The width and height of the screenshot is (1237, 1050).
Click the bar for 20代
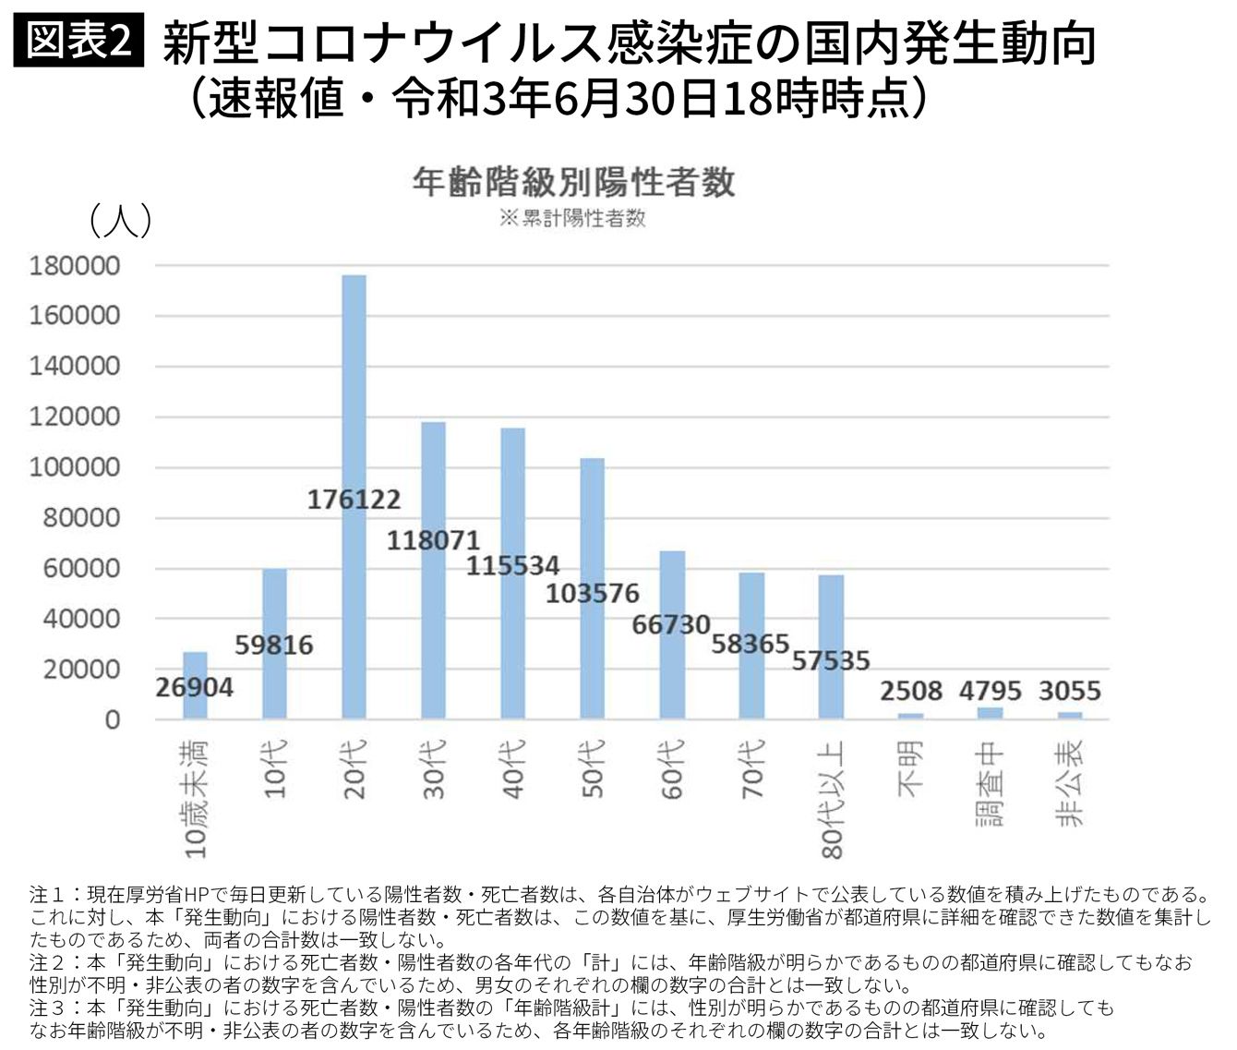pyautogui.click(x=354, y=388)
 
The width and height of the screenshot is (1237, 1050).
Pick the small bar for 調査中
pyautogui.click(x=990, y=713)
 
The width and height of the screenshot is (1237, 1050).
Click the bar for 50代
pyautogui.click(x=592, y=517)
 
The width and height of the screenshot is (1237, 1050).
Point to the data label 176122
pyautogui.click(x=354, y=500)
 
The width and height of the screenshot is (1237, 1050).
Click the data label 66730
pyautogui.click(x=671, y=625)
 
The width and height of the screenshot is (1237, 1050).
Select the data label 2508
pyautogui.click(x=910, y=691)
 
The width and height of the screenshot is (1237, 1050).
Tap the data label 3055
pyautogui.click(x=1069, y=691)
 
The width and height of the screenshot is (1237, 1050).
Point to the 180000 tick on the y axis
pyautogui.click(x=75, y=266)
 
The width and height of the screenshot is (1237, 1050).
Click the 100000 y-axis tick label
pyautogui.click(x=75, y=467)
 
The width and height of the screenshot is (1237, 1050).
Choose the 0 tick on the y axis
pyautogui.click(x=112, y=719)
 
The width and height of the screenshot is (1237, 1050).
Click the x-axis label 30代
pyautogui.click(x=434, y=768)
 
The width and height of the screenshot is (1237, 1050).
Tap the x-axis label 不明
pyautogui.click(x=910, y=768)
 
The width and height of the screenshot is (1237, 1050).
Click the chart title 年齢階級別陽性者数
pyautogui.click(x=573, y=182)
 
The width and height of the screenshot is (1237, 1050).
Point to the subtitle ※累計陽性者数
pyautogui.click(x=572, y=219)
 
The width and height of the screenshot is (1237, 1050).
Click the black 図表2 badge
pyautogui.click(x=79, y=41)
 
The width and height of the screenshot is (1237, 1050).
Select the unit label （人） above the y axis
pyautogui.click(x=119, y=222)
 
